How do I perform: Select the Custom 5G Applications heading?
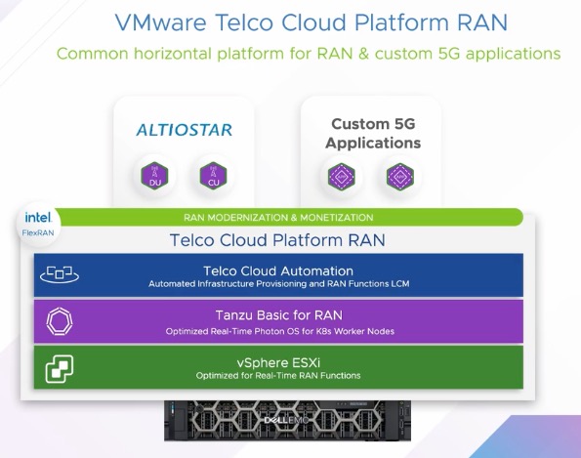(373, 134)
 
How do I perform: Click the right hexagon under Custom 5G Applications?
(399, 176)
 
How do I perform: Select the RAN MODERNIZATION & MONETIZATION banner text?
(278, 217)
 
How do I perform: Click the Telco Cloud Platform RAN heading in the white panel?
(277, 239)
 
